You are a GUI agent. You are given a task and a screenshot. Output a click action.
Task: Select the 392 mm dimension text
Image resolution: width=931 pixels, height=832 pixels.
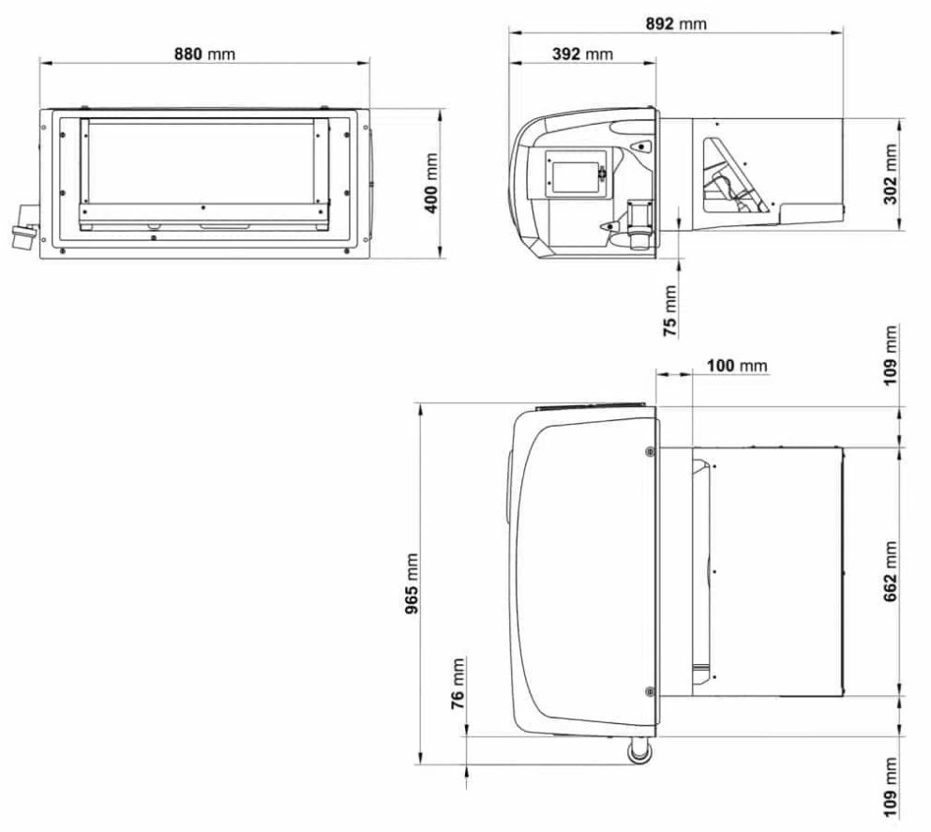click(582, 53)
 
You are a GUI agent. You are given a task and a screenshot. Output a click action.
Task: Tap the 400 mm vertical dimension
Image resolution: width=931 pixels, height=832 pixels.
click(432, 183)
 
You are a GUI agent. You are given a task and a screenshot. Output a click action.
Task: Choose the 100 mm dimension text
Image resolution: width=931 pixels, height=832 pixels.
click(735, 364)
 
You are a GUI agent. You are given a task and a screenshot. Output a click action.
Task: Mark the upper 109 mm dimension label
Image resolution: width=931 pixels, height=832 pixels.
click(892, 355)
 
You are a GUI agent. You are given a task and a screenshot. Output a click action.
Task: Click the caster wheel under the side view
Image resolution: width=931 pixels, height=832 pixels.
click(638, 751)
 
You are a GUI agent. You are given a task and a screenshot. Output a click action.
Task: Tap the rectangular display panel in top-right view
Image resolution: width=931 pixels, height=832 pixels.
click(572, 176)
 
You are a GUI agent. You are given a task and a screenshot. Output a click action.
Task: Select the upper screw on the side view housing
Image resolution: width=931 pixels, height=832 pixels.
click(651, 451)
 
